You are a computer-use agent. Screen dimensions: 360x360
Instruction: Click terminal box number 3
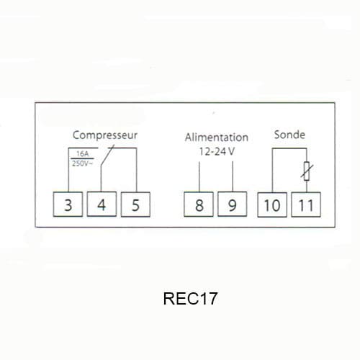pos(68,204)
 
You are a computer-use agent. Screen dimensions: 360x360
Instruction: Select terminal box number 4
pos(102,204)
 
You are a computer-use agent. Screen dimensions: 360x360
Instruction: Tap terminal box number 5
pos(135,204)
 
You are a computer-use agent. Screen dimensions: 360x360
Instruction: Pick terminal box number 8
pos(199,204)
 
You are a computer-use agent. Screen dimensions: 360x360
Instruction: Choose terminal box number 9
pos(233,204)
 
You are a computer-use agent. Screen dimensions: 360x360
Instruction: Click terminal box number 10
pos(272,204)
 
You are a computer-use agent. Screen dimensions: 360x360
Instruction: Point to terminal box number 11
pos(306,204)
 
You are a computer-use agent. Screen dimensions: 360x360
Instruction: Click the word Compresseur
pos(105,135)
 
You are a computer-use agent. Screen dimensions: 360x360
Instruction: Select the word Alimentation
pos(217,138)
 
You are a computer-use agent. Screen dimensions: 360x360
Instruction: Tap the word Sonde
pos(289,135)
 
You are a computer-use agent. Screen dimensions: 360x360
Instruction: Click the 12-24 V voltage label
pos(217,151)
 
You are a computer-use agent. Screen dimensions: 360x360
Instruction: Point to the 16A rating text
pos(83,154)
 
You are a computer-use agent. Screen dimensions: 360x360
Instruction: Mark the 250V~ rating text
pos(82,163)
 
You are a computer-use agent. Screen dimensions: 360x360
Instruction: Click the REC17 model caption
pos(190,299)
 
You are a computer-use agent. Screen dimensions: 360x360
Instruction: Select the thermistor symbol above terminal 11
pos(307,171)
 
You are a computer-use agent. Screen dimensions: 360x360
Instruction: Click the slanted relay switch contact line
pos(107,155)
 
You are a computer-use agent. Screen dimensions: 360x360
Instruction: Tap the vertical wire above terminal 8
pos(199,176)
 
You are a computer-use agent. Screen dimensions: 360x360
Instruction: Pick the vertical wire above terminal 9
pos(233,176)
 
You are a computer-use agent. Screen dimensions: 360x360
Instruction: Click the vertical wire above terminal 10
pos(272,171)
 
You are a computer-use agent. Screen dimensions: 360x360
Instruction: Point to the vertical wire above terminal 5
pos(137,170)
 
